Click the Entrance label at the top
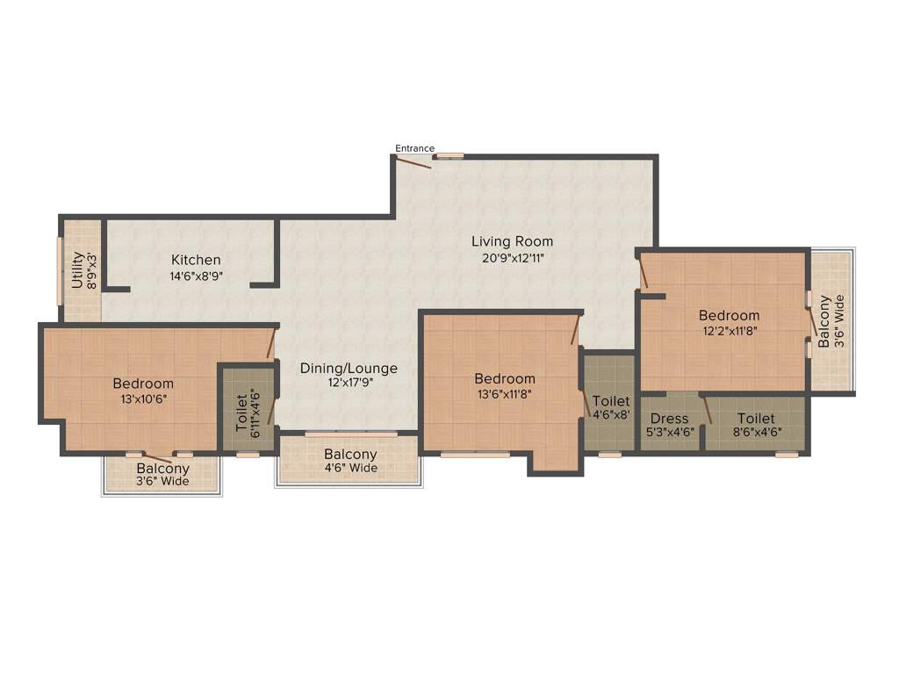(414, 148)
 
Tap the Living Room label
(512, 241)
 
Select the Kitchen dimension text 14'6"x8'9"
(196, 276)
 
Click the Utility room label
(77, 270)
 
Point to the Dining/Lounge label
(349, 369)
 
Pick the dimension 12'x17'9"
(349, 383)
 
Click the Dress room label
(669, 419)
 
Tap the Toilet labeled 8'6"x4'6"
(755, 419)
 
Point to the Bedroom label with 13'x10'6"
(143, 384)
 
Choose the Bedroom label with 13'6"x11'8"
(505, 379)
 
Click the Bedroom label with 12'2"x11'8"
(729, 316)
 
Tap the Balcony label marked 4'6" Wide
(350, 455)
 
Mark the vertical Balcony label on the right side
(823, 321)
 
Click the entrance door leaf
(413, 162)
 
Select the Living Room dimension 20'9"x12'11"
(512, 257)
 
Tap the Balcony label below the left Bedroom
(162, 469)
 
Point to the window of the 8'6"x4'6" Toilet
(787, 455)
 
